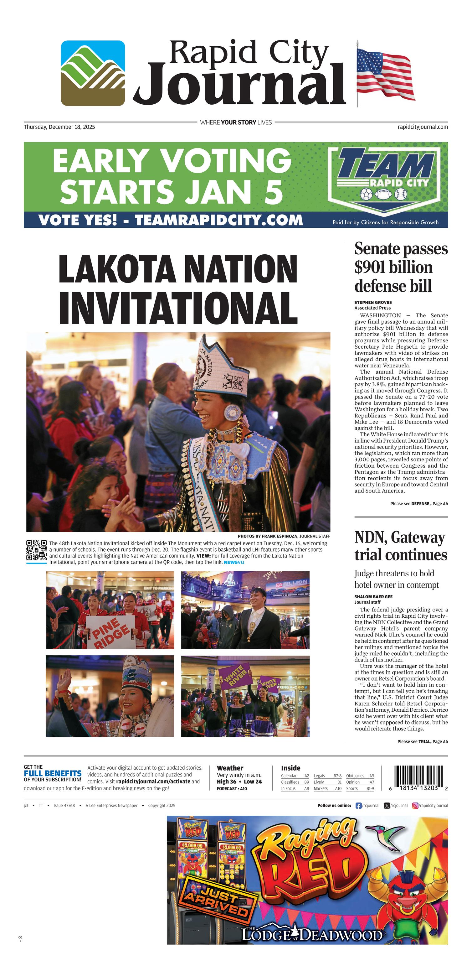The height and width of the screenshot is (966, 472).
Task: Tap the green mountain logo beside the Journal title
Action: coord(93,73)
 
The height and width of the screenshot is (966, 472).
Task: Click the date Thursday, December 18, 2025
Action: coord(59,127)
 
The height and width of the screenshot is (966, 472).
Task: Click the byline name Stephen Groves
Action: coord(373,302)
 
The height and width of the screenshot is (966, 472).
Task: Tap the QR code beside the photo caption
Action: coord(36,550)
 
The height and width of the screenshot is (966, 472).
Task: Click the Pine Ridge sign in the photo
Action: coord(110,631)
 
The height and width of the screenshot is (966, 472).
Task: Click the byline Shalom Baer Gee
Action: coord(373,597)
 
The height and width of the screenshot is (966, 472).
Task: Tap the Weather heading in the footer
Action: coord(230,768)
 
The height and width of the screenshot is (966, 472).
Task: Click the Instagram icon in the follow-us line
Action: coord(415,806)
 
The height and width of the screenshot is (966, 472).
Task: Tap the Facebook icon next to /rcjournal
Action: coord(358,806)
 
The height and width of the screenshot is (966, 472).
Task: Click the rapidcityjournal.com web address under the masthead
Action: coord(423,127)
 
